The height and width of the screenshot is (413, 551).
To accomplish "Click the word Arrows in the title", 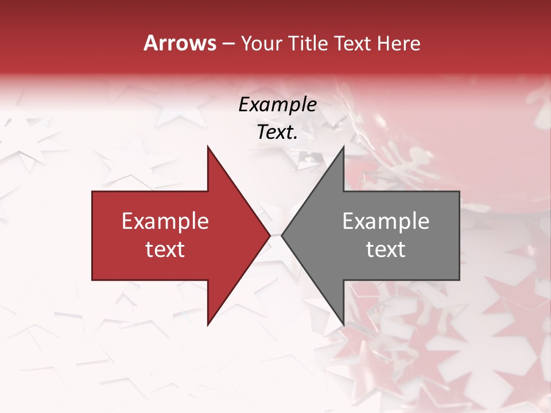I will point(180,44).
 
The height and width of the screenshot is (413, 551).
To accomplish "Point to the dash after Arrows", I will point(228,44).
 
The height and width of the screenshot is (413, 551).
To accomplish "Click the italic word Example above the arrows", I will point(278,105).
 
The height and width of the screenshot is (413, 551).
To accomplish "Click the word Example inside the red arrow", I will point(165,221).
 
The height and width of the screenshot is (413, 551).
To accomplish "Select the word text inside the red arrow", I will point(165,250).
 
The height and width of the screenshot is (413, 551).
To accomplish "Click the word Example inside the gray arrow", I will point(386,221).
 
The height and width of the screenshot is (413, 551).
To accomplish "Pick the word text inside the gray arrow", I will point(386,250).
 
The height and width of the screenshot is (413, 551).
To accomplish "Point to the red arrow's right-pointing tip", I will point(270,235).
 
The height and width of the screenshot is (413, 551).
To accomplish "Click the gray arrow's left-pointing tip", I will point(282,235).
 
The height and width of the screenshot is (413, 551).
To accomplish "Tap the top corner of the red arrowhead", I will point(208,146).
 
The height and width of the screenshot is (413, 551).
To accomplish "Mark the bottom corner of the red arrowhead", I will point(208,325).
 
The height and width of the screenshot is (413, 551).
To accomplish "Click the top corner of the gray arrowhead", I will point(343,146).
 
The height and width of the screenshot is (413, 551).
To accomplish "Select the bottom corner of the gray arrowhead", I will point(343,325).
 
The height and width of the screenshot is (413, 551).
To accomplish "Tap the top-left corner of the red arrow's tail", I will point(92,192).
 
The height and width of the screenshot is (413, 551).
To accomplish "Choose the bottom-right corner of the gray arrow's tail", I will point(459,280).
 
